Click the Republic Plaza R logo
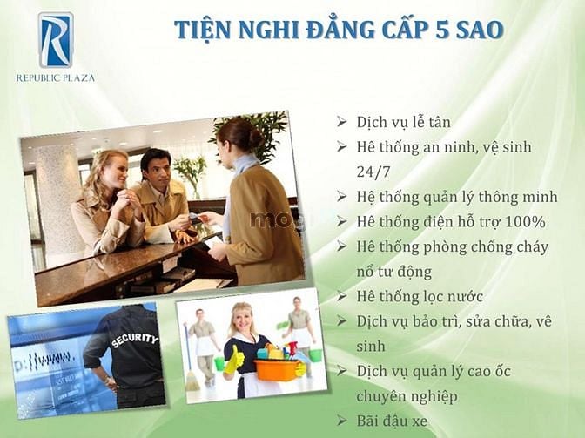[x=56, y=40]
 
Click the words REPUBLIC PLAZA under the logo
[x=55, y=78]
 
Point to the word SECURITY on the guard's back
[x=135, y=340]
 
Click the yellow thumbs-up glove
[x=234, y=360]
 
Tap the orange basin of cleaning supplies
[x=277, y=368]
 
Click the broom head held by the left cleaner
[x=192, y=381]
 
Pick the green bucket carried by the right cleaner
[x=315, y=354]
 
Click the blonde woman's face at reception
[x=112, y=173]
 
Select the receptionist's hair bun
[x=256, y=138]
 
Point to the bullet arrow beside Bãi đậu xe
[x=342, y=421]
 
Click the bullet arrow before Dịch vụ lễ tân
[x=342, y=121]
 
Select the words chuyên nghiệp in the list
[x=407, y=397]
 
